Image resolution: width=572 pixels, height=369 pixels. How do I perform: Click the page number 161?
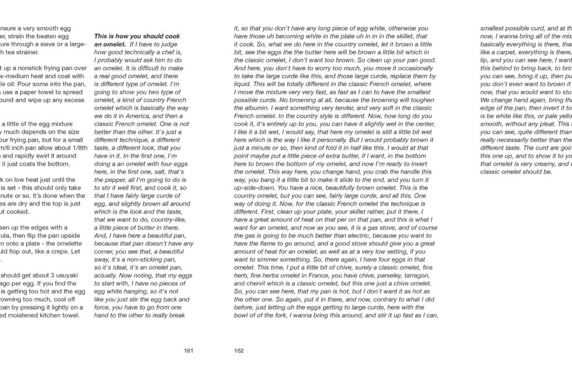(189, 351)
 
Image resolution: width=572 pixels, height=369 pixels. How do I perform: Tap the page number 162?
(239, 351)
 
